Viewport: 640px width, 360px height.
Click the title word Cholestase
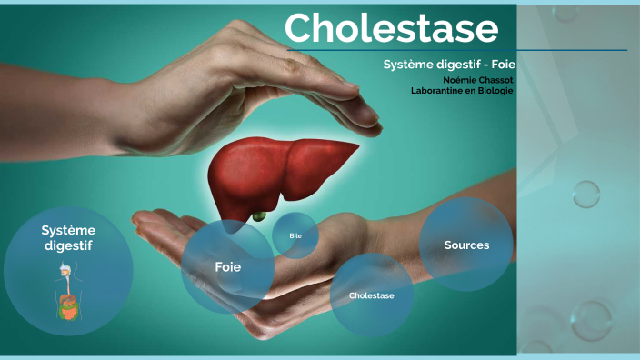[391, 29]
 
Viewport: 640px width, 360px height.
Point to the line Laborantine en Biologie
[462, 90]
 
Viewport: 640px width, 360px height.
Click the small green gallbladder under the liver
[259, 216]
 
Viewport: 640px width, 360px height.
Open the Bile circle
[295, 235]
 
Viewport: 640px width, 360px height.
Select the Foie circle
[227, 266]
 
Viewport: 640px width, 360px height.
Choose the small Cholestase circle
[371, 295]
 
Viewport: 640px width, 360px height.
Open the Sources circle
[466, 245]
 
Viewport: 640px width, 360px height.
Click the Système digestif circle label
[68, 237]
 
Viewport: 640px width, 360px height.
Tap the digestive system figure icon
[66, 291]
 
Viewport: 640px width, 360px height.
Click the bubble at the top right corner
[566, 12]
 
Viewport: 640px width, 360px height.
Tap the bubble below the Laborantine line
[586, 194]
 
